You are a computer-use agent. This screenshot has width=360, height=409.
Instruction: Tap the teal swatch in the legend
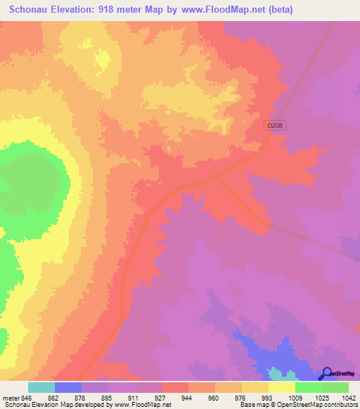(x=41, y=387)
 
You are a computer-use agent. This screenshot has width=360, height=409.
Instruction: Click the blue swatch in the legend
(x=68, y=387)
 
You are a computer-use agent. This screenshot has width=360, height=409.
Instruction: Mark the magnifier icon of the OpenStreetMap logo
(x=326, y=373)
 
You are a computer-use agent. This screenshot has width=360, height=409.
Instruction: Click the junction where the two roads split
(x=214, y=178)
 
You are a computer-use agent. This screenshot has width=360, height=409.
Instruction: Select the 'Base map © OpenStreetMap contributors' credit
(x=298, y=405)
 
